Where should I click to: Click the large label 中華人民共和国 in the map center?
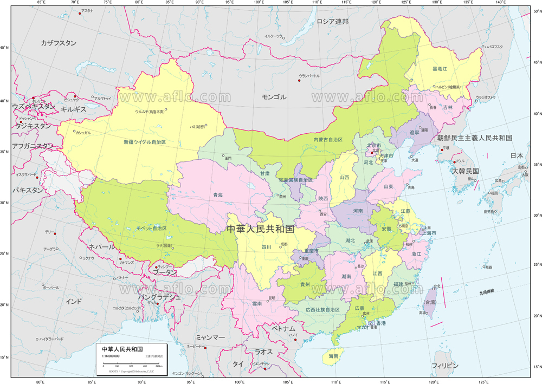[260, 229]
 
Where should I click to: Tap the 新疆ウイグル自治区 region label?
[144, 142]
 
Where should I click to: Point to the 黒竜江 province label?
[440, 69]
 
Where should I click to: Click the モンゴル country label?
[274, 97]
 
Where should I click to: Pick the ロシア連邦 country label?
[332, 22]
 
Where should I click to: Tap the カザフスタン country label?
[59, 43]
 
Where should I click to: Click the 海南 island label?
[333, 356]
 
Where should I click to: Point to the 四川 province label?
[266, 247]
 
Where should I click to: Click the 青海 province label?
[217, 194]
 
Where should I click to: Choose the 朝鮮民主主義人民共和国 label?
[475, 138]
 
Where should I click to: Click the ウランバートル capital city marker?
[299, 81]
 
